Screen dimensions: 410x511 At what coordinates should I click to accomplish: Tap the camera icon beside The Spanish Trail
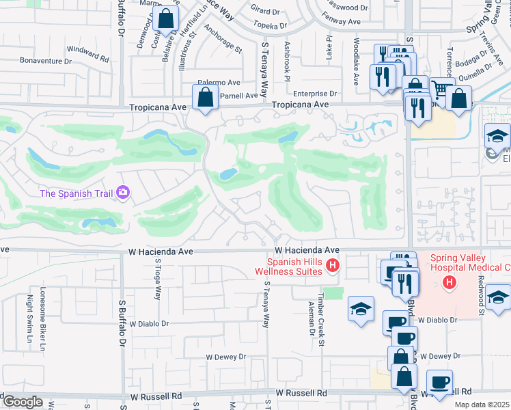[124, 193]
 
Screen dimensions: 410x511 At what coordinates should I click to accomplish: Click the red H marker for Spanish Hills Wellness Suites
[333, 266]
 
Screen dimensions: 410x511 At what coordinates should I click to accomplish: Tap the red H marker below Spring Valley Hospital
[449, 282]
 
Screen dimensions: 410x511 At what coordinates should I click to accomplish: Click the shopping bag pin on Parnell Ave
[205, 98]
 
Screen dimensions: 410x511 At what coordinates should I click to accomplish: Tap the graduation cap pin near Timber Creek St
[361, 309]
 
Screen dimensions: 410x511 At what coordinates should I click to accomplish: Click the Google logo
[22, 402]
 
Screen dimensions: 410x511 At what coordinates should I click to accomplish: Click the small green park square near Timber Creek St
[333, 293]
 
